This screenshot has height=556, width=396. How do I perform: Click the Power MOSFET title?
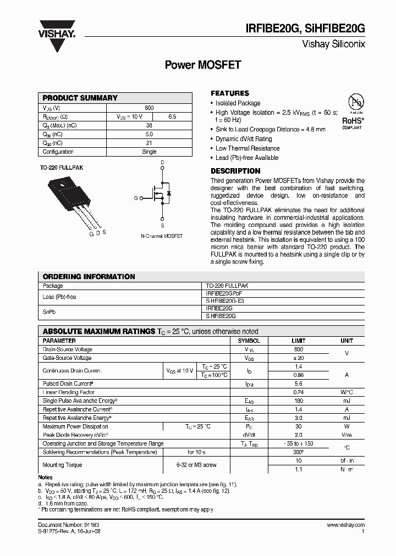pyautogui.click(x=203, y=65)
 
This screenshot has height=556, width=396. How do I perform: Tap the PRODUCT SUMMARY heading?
pyautogui.click(x=80, y=98)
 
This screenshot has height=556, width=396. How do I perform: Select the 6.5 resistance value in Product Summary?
pyautogui.click(x=172, y=116)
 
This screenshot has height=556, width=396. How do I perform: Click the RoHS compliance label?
pyautogui.click(x=353, y=120)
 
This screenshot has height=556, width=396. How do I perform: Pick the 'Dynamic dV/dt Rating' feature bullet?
pyautogui.click(x=244, y=139)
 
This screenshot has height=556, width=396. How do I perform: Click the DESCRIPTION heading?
pyautogui.click(x=235, y=171)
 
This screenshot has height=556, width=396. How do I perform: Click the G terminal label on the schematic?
pyautogui.click(x=135, y=198)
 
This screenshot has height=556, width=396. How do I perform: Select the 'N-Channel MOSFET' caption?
pyautogui.click(x=162, y=236)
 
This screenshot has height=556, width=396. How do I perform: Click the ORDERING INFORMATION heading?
pyautogui.click(x=89, y=276)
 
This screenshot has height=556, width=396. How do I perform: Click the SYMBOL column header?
pyautogui.click(x=249, y=341)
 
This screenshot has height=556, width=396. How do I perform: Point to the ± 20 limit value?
pyautogui.click(x=298, y=358)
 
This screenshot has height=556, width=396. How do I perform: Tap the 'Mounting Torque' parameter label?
pyautogui.click(x=62, y=465)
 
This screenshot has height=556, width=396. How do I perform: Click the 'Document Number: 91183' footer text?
pyautogui.click(x=69, y=525)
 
